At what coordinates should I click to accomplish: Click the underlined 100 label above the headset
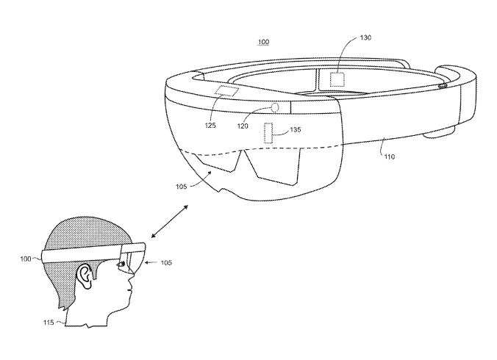(264, 42)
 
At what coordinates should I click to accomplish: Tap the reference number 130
(365, 37)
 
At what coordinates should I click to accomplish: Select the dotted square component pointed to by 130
(337, 79)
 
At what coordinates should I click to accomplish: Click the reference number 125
(210, 126)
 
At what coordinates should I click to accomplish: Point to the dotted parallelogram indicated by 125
(226, 92)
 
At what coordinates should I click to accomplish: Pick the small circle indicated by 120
(275, 108)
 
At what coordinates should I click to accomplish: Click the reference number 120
(243, 126)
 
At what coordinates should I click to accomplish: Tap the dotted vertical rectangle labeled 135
(268, 133)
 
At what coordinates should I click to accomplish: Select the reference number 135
(295, 129)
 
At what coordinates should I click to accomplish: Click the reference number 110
(390, 156)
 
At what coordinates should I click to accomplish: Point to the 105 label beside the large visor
(181, 187)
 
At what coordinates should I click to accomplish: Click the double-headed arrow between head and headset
(170, 222)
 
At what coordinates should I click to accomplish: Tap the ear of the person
(85, 276)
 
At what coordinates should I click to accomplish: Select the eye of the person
(121, 264)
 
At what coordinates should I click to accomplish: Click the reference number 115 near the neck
(49, 323)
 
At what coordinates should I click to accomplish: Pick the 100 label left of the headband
(25, 259)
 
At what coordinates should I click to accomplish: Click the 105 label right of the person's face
(166, 262)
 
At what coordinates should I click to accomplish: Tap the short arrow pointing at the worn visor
(151, 262)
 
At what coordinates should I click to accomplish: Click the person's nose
(131, 278)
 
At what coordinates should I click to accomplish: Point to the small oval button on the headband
(442, 85)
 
